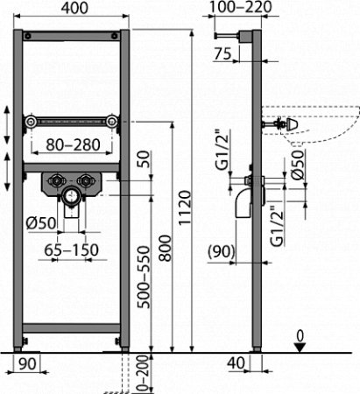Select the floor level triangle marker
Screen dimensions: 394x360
[300, 347]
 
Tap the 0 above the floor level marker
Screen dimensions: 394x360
[300, 334]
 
